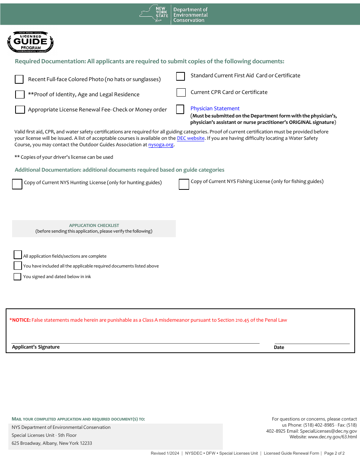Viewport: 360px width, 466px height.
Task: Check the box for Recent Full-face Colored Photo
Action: (19, 79)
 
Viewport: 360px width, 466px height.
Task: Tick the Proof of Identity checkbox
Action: (20, 94)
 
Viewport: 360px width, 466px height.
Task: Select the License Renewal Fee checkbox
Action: (20, 109)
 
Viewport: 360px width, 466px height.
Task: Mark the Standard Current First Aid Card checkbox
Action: (180, 77)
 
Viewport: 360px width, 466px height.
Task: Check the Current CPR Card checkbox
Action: (181, 92)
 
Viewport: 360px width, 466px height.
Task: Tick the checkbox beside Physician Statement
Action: (180, 109)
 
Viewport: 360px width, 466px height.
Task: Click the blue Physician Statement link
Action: (215, 108)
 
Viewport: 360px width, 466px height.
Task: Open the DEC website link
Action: (191, 138)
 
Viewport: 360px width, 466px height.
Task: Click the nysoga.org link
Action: (161, 145)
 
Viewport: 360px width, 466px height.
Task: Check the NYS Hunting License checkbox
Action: (17, 184)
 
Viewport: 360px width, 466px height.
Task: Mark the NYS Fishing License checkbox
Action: (184, 184)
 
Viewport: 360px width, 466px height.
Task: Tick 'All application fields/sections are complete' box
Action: (17, 255)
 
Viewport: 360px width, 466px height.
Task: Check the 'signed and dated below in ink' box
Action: (17, 277)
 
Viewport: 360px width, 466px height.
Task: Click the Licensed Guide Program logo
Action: (30, 42)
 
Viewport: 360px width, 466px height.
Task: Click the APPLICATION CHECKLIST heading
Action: (94, 225)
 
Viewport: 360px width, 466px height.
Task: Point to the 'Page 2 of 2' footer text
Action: (334, 453)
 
